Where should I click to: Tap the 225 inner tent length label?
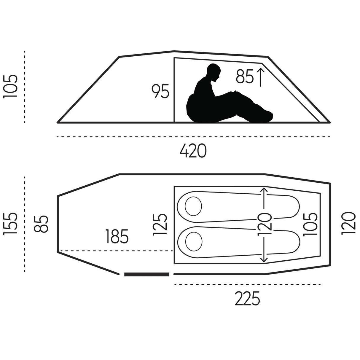point(247,298)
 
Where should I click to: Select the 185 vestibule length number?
point(117,236)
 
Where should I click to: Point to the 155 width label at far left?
point(10,224)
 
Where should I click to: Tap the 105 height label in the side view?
point(10,86)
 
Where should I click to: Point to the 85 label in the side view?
point(245,77)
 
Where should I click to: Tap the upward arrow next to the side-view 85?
point(261,77)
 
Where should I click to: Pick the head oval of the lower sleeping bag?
point(194,242)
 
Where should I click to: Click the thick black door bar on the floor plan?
point(146,274)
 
